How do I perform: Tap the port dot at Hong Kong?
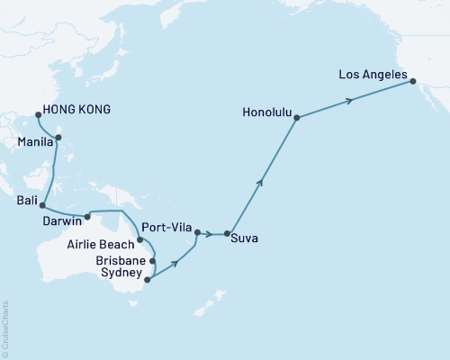[37, 114]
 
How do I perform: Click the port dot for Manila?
[58, 138]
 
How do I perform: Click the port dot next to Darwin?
[87, 216]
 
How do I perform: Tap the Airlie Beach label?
[101, 243]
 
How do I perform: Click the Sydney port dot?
[147, 279]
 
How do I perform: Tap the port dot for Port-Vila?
[197, 234]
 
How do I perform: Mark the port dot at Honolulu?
[296, 117]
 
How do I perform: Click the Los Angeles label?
[373, 76]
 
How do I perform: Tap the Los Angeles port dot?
[412, 82]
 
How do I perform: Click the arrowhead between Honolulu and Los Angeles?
[349, 100]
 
